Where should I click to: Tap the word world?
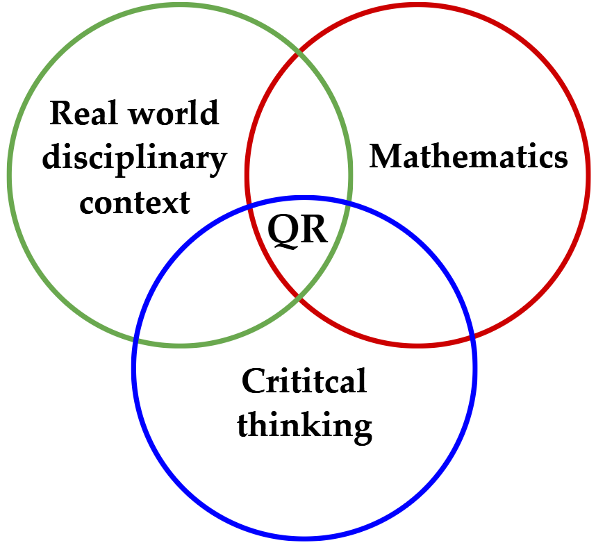coord(176,113)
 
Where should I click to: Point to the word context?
coord(134,203)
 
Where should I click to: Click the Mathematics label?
coord(468,157)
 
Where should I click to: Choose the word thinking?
coord(304,425)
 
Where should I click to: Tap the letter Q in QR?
coord(284,229)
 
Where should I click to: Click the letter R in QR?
coord(314,229)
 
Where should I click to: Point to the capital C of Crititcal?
coord(253,381)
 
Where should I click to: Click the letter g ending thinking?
coord(361,428)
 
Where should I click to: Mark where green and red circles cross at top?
coord(299,52)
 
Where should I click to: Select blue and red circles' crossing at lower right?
coord(472,337)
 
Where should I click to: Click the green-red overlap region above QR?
coord(299,139)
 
